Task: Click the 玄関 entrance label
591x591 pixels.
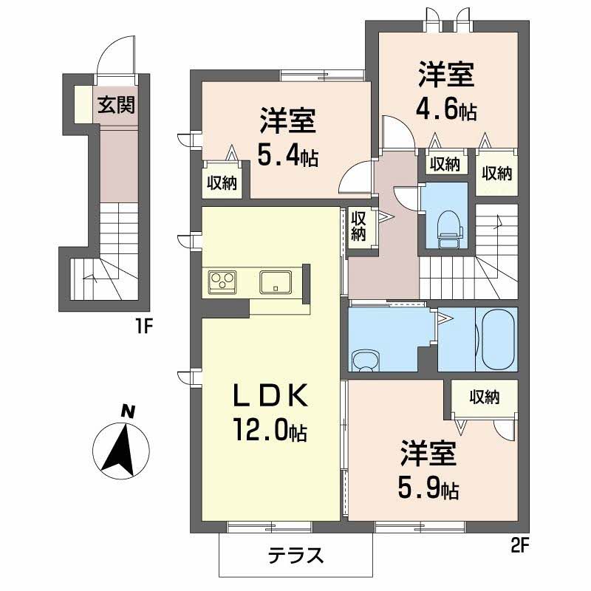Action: [116, 105]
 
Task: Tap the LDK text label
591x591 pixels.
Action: [270, 395]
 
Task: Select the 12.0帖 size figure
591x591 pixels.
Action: [270, 430]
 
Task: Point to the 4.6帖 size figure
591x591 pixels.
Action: [446, 109]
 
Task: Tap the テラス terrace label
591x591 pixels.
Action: [296, 556]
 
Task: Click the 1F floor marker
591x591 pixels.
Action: [143, 327]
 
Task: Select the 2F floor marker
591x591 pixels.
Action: [521, 546]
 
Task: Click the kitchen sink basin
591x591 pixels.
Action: [276, 282]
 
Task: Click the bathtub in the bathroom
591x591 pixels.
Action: [497, 339]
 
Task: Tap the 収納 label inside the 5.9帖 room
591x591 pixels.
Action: [485, 397]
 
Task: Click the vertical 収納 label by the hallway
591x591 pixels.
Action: [358, 226]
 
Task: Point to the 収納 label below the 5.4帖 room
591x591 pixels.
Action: [222, 182]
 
